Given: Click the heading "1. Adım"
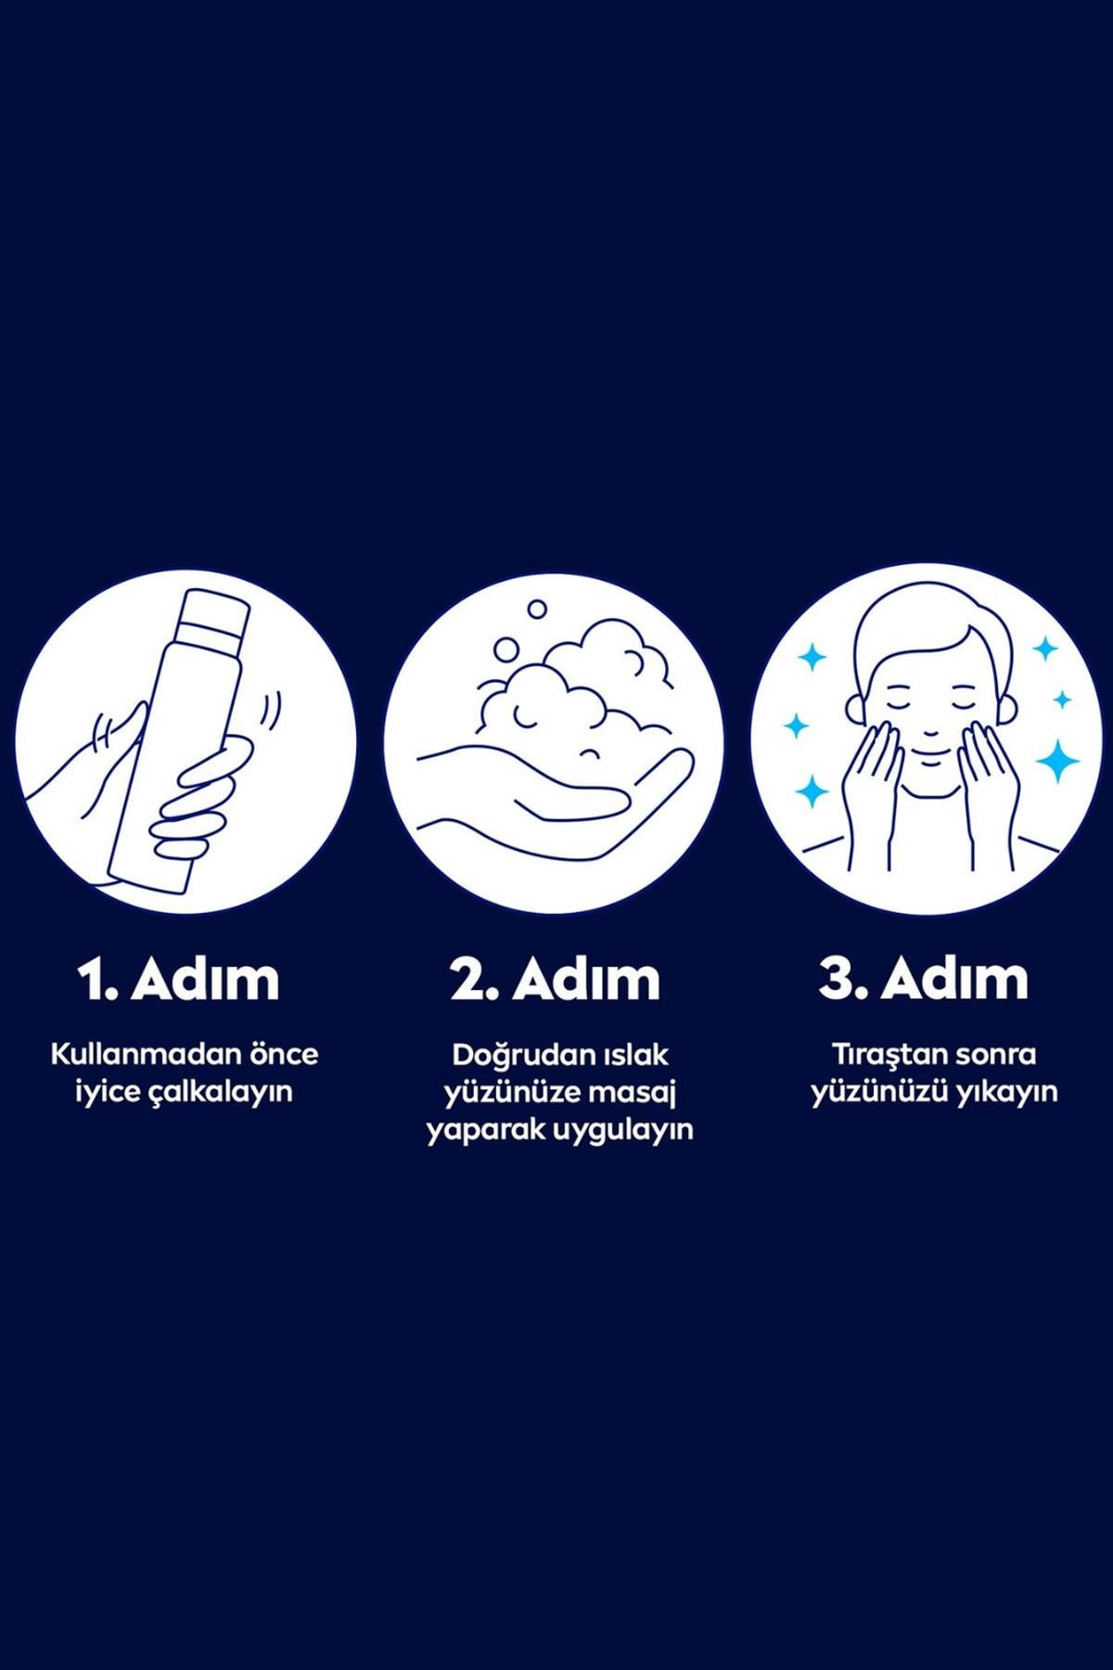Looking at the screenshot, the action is [x=178, y=980].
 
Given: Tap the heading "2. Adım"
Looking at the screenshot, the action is [x=556, y=980].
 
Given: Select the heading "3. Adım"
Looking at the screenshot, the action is [x=924, y=980].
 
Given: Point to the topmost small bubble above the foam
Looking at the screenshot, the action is [x=537, y=610].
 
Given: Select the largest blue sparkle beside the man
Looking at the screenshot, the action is [x=1057, y=762].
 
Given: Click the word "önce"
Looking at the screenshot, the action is [x=283, y=1054].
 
